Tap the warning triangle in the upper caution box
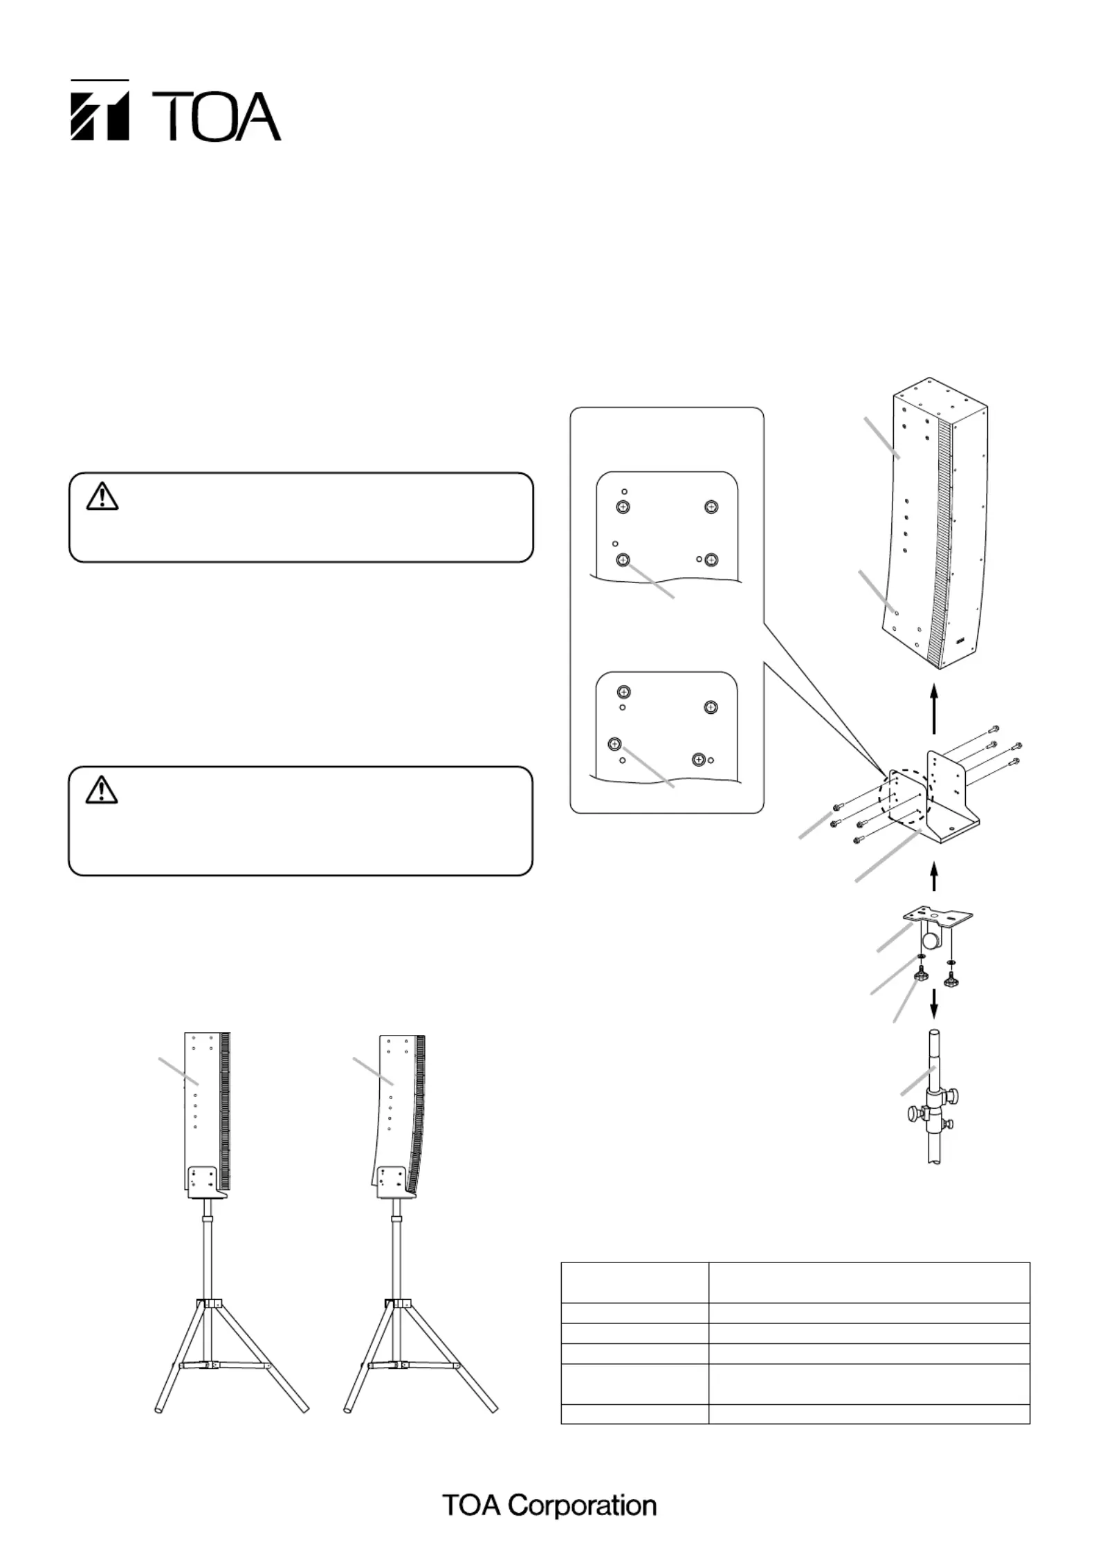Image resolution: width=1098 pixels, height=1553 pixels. tap(102, 497)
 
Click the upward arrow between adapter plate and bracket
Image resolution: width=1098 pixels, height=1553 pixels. tap(934, 876)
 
